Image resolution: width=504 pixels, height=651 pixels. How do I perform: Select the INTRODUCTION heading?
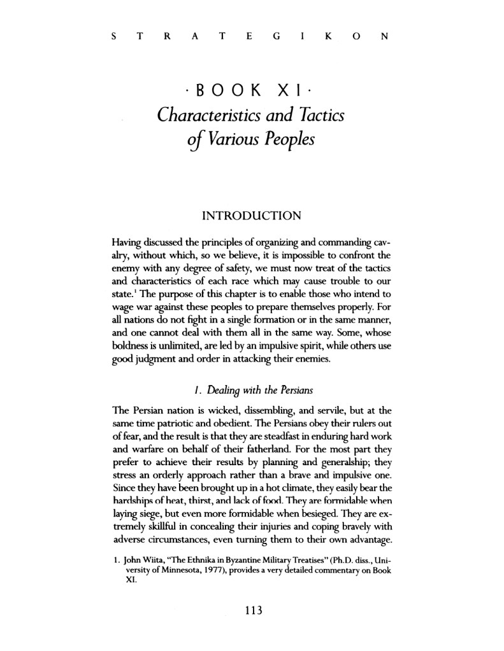tap(251, 217)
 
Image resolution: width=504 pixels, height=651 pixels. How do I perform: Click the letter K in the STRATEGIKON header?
tap(327, 36)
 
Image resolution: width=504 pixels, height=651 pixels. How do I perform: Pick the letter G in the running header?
tap(273, 36)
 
